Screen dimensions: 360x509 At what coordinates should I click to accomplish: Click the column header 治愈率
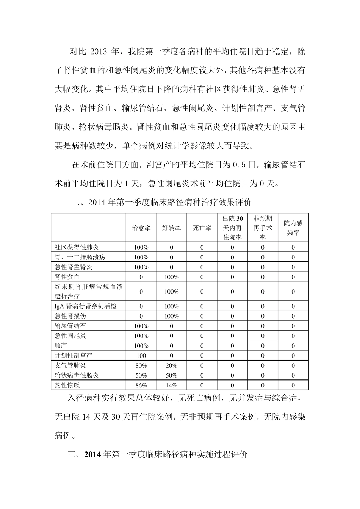[x=141, y=228]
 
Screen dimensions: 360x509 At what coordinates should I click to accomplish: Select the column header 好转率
[x=171, y=228]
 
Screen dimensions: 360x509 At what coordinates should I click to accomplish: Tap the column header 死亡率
[x=202, y=228]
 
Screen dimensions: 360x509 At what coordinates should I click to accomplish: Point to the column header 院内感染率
[x=293, y=228]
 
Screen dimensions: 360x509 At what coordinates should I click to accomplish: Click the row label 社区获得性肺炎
[x=77, y=247]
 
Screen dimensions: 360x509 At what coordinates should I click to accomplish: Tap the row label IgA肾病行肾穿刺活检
[x=86, y=306]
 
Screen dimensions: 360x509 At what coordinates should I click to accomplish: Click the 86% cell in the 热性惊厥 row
[x=141, y=385]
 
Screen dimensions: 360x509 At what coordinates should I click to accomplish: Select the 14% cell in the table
[x=171, y=385]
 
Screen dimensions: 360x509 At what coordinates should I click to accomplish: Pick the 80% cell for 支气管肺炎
[x=141, y=365]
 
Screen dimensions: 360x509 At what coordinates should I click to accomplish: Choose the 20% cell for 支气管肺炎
[x=171, y=365]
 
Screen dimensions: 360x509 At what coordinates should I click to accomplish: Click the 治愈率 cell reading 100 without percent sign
[x=141, y=356]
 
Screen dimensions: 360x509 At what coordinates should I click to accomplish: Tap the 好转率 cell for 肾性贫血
[x=171, y=277]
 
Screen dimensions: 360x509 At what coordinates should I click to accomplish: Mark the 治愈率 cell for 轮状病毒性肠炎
[x=141, y=375]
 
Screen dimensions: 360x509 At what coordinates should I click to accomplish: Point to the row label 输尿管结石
[x=70, y=326]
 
